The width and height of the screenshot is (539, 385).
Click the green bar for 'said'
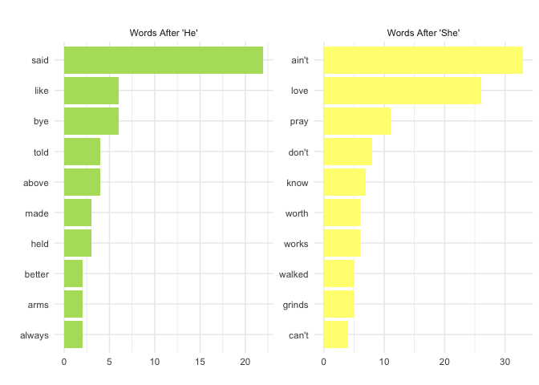[164, 60]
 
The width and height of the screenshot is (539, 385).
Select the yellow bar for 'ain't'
[423, 60]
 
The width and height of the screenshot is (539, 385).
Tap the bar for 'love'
[403, 91]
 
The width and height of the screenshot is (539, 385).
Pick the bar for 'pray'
[357, 121]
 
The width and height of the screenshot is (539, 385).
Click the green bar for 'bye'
[91, 121]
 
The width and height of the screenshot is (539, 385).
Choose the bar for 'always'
[73, 334]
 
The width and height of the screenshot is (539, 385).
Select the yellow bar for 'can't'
[336, 334]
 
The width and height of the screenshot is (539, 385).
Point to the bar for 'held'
[78, 243]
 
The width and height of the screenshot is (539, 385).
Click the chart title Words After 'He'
[164, 33]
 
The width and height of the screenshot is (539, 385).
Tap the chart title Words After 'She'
[423, 33]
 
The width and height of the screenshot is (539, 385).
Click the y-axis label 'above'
[36, 183]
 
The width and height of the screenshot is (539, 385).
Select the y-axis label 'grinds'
[295, 306]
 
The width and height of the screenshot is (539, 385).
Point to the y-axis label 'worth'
[297, 213]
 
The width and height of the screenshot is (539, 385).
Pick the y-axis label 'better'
[37, 274]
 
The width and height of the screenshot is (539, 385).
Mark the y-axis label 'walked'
[294, 274]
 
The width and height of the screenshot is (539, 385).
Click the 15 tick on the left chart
[200, 362]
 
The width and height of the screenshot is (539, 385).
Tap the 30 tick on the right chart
[505, 362]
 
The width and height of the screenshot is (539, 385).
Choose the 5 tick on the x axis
[109, 362]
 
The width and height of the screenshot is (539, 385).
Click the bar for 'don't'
[348, 152]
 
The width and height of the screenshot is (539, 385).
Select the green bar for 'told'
[82, 152]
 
